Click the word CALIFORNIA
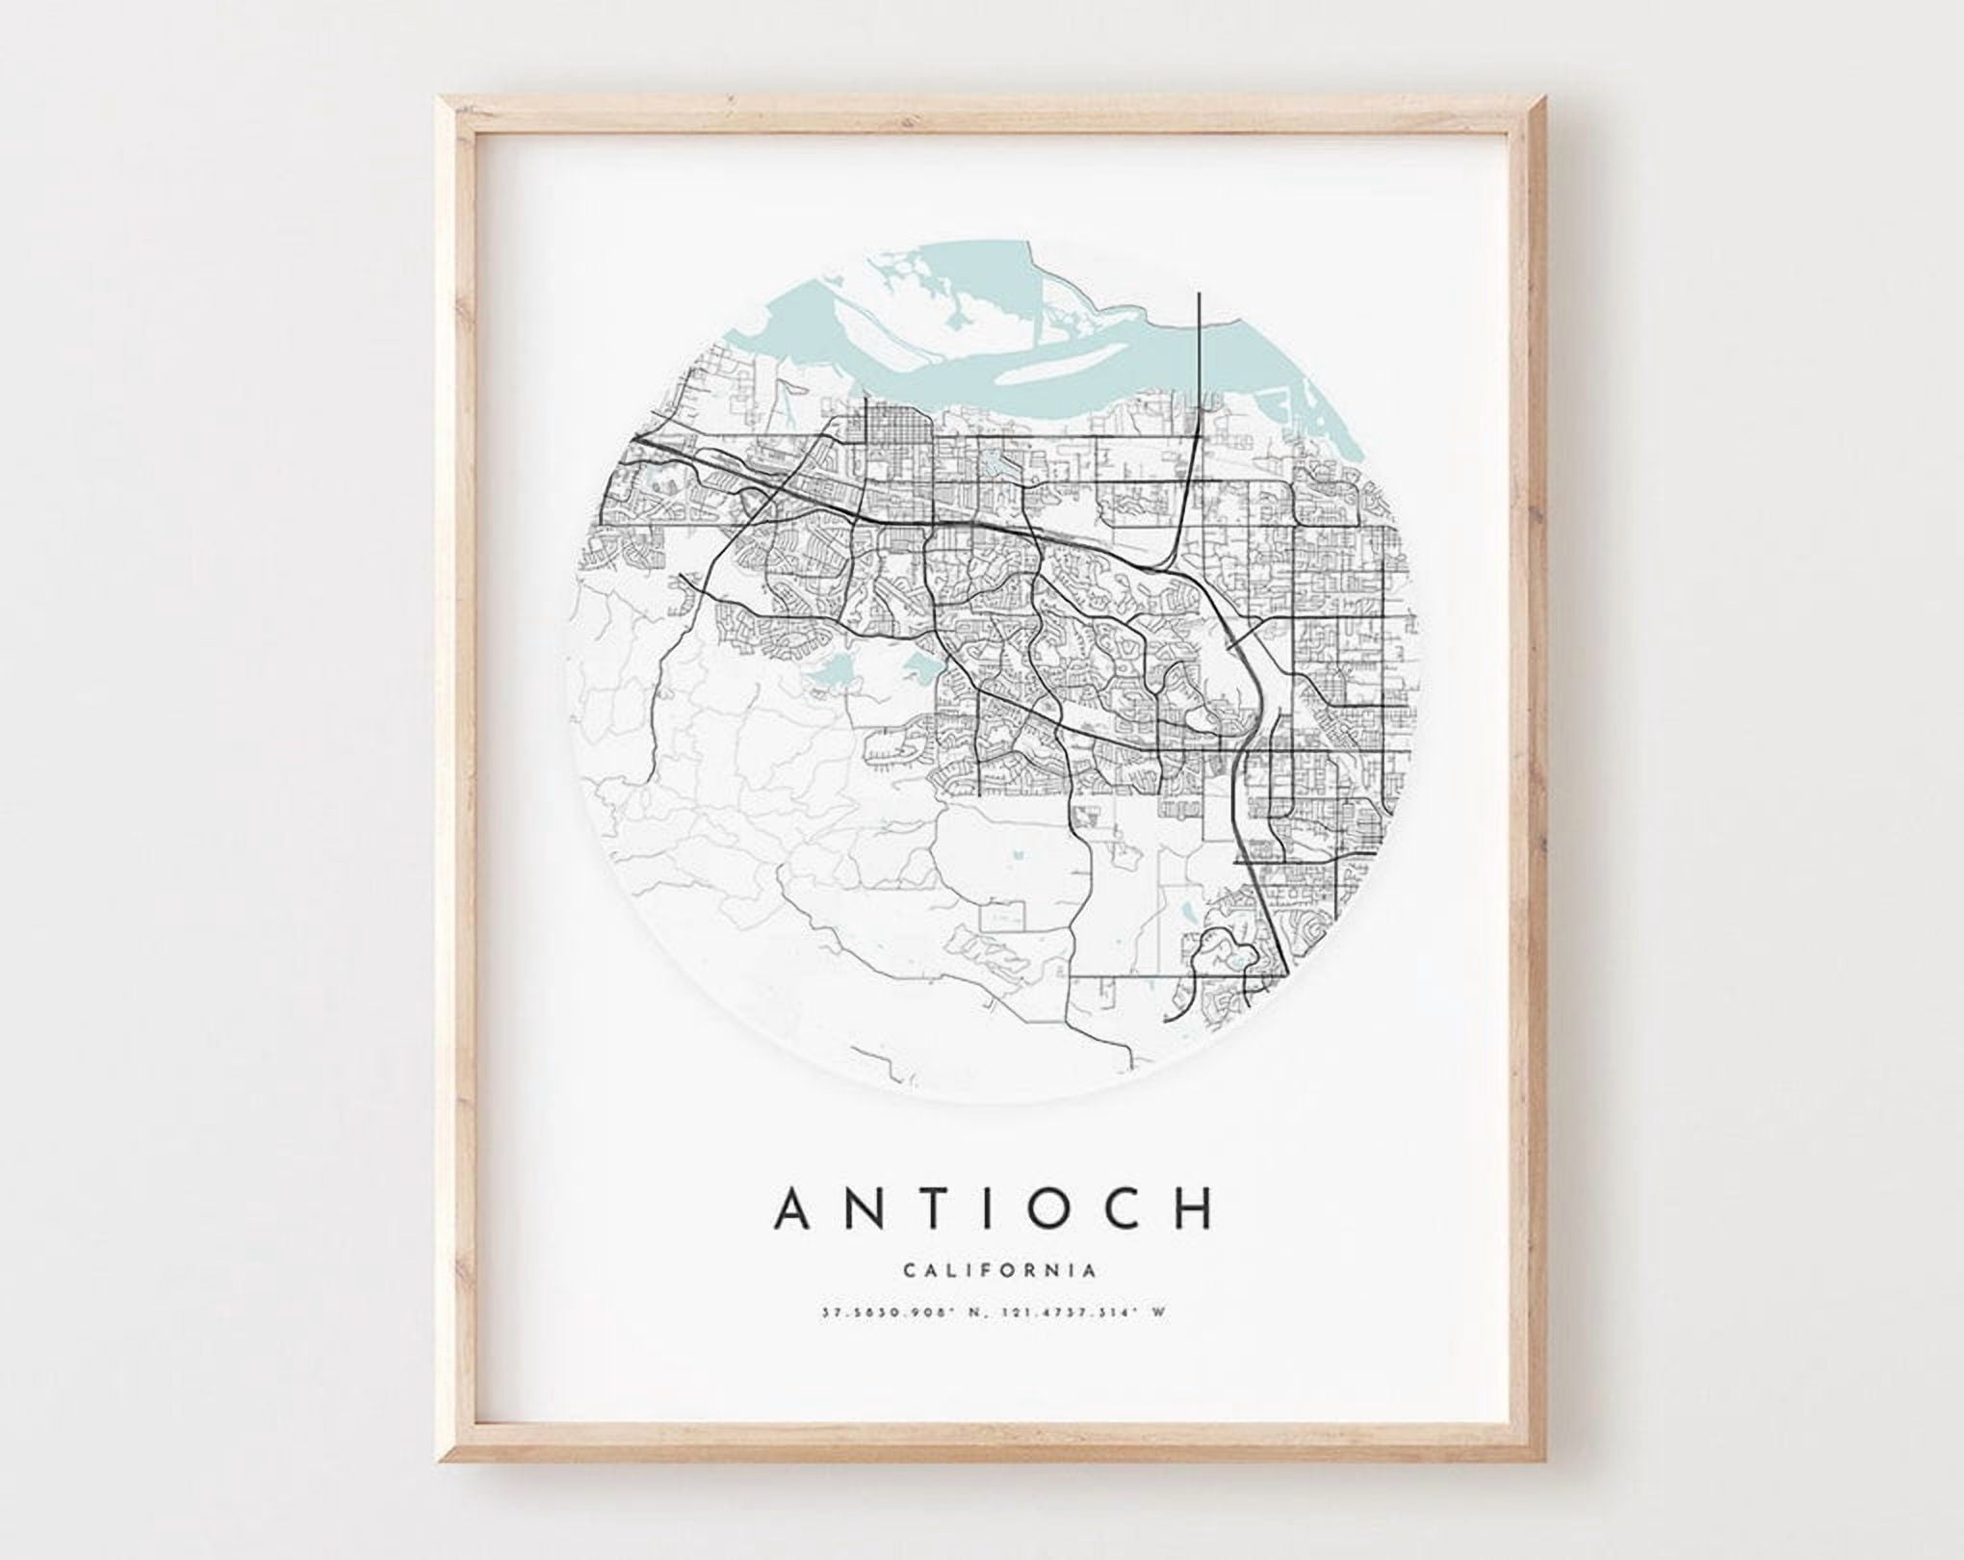click(x=999, y=1270)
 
